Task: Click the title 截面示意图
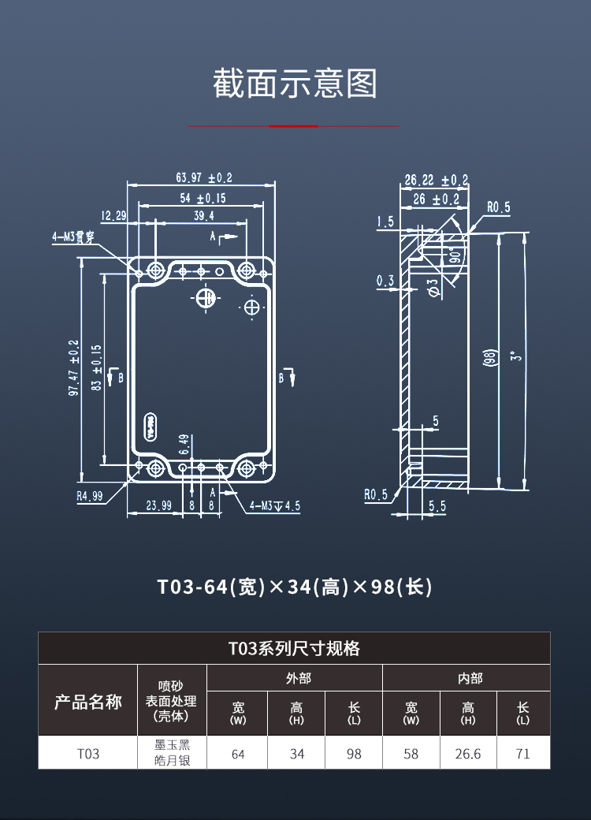[x=295, y=84]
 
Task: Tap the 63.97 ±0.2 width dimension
[x=204, y=179]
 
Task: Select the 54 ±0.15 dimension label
[x=203, y=198]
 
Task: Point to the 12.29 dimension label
[x=113, y=215]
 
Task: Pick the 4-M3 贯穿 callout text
[x=73, y=236]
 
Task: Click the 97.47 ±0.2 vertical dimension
[x=73, y=368]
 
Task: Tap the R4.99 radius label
[x=89, y=496]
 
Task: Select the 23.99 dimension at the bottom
[x=158, y=506]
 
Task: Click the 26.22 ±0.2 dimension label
[x=436, y=181]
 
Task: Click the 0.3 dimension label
[x=385, y=281]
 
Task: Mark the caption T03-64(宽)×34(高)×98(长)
[x=295, y=587]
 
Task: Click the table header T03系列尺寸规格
[x=295, y=648]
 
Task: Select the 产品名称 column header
[x=88, y=702]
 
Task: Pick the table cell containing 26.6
[x=468, y=754]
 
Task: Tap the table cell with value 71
[x=522, y=754]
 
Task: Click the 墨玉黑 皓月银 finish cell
[x=172, y=753]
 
